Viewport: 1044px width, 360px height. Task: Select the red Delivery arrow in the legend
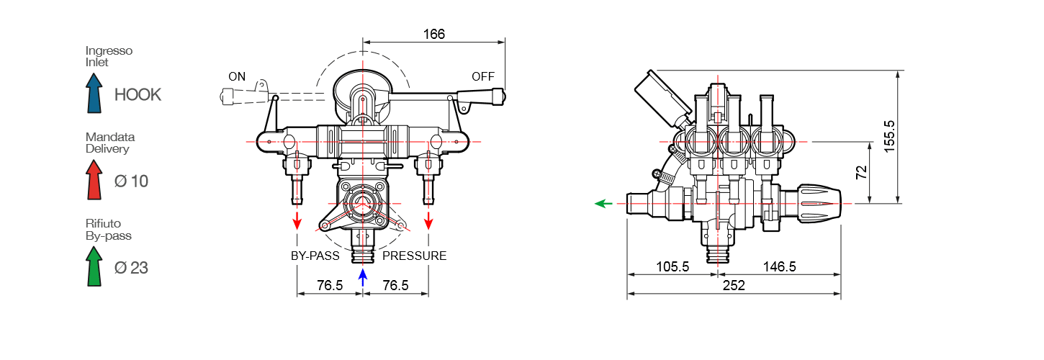94,179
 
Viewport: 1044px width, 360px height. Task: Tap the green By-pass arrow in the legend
94,266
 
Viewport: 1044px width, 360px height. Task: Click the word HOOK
138,94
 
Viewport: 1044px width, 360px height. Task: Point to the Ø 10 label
131,181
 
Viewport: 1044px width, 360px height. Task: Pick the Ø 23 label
131,268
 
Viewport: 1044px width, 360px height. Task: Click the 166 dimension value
434,34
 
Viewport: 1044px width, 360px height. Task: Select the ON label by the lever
237,76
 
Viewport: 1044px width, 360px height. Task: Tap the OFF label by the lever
484,76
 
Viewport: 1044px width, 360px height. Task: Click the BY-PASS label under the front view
315,256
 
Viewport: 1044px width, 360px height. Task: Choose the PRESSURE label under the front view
414,256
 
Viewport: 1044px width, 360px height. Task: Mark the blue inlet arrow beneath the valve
363,277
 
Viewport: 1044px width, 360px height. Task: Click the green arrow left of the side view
603,204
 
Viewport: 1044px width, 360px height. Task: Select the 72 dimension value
861,173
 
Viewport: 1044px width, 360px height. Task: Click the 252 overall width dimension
733,285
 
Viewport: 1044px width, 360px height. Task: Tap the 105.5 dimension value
672,266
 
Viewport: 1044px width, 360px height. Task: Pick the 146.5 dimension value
779,266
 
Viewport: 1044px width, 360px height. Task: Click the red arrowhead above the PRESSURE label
429,222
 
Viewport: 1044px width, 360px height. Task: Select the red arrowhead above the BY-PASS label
297,222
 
